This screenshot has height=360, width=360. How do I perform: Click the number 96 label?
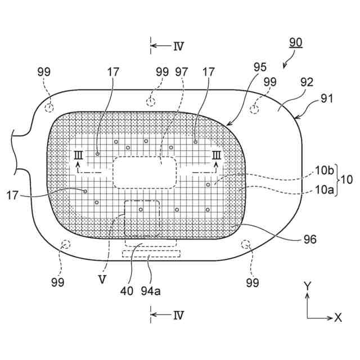(310, 240)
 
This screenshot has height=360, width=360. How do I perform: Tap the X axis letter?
(337, 317)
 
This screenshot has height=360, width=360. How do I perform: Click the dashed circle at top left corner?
(50, 107)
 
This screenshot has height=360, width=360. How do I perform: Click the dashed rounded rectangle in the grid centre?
(145, 172)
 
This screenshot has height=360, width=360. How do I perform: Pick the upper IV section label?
(178, 46)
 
